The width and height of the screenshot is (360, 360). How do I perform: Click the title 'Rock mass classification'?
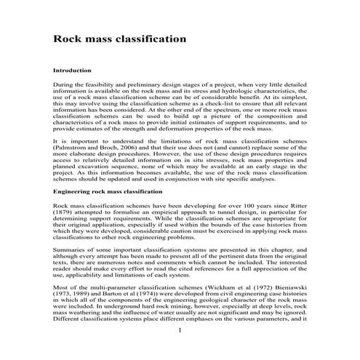coord(119,38)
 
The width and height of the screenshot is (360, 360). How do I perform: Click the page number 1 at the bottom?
coord(180,351)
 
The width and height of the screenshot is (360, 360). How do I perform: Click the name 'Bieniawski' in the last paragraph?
coord(287,297)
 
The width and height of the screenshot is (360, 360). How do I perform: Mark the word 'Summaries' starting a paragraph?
coord(71,252)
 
